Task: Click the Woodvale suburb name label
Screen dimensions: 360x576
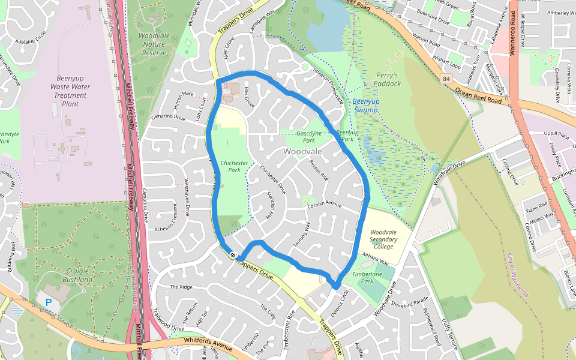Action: click(302, 151)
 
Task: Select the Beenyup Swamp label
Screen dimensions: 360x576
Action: click(365, 106)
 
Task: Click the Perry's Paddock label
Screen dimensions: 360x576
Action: click(388, 79)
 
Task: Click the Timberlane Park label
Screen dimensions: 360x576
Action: click(371, 277)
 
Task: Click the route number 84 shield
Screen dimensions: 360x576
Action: click(446, 79)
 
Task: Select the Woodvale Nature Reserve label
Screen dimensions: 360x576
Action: click(154, 44)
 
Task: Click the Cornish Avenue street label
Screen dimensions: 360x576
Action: click(324, 205)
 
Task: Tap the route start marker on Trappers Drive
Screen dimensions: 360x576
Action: click(233, 255)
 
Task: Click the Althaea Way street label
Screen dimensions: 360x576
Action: click(376, 259)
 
